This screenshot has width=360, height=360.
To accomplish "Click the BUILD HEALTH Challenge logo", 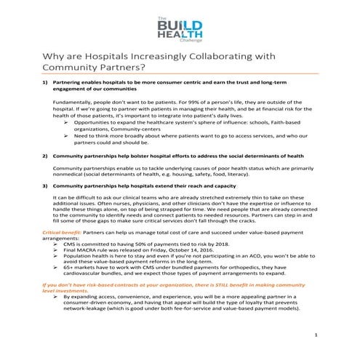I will click(180, 30).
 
